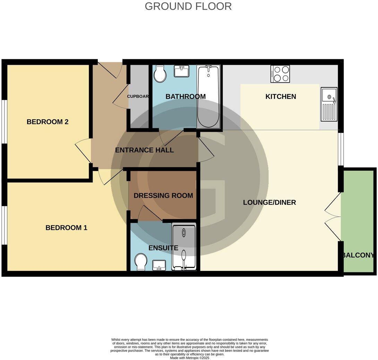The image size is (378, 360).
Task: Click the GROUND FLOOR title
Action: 188,6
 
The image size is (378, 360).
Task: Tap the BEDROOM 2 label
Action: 48,122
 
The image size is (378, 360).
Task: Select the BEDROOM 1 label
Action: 66,228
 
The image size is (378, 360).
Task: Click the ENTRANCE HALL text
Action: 144,150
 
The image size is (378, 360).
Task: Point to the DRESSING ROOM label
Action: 163,196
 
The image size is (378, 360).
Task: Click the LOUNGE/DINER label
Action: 269,202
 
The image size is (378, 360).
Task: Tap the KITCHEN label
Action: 281,96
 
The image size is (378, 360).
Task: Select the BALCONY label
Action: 359,255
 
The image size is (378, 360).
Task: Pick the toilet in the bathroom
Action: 160,74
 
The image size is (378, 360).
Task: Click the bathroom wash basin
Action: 182,72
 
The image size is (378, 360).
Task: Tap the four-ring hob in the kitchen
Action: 280,74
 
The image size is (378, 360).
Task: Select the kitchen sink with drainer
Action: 329,104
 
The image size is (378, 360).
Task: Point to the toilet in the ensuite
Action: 141,262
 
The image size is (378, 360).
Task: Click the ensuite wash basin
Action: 160,265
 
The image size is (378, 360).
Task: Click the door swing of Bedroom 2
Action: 83,151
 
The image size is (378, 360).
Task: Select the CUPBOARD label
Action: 138,96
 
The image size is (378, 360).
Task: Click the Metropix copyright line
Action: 189,358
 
